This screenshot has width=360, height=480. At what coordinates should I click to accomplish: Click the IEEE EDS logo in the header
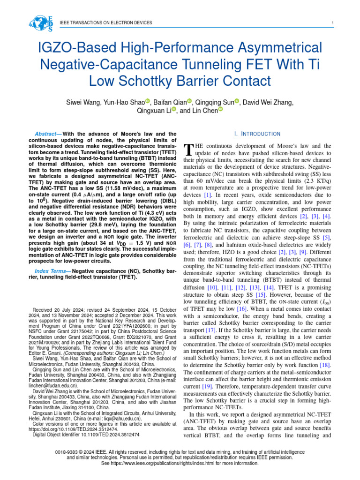(41, 23)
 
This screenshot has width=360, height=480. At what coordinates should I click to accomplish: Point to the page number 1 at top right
(332, 23)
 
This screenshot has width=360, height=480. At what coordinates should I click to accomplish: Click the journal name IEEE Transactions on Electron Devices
(106, 23)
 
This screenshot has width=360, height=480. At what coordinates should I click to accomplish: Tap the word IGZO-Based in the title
(69, 48)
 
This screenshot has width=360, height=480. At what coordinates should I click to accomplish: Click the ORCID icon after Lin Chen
(220, 110)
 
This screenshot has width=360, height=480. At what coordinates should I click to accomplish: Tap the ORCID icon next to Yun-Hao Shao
(148, 102)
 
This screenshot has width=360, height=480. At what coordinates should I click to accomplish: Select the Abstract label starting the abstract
(48, 134)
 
